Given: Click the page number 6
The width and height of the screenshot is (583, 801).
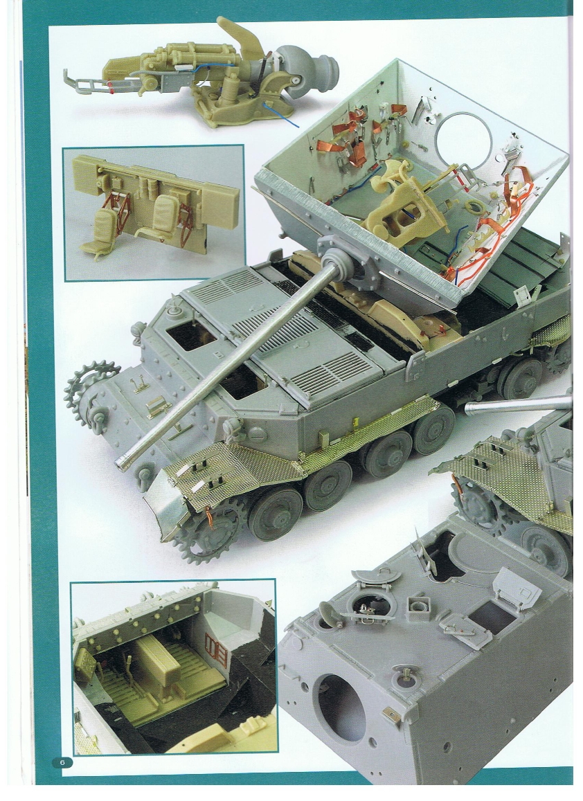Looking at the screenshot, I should click(x=62, y=762).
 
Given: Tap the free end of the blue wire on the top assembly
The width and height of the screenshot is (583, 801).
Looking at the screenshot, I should click(x=298, y=127).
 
